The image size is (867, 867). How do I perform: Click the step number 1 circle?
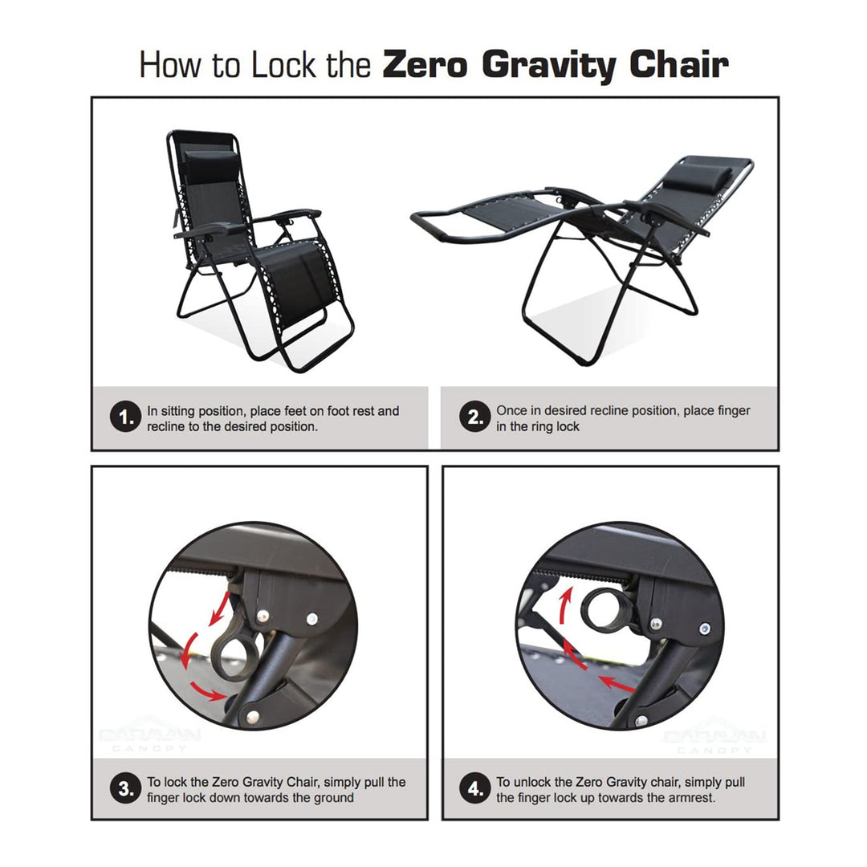[x=124, y=418]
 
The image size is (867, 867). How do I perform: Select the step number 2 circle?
[x=474, y=418]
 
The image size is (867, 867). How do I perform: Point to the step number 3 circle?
[x=124, y=789]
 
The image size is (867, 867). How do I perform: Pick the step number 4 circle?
[x=474, y=789]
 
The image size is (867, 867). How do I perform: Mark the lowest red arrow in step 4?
[x=618, y=684]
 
